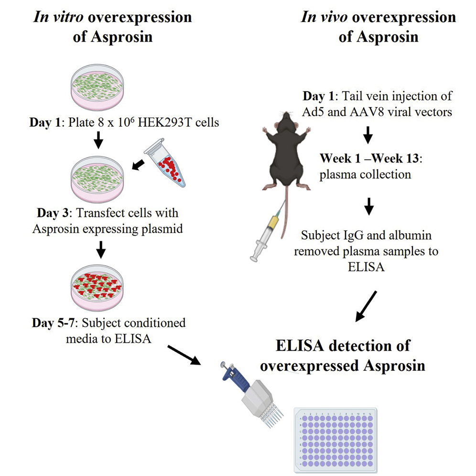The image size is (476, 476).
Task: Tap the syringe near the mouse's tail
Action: tap(268, 234)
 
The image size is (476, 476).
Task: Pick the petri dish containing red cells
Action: tap(97, 286)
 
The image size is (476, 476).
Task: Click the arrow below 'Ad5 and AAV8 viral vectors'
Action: tap(368, 136)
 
